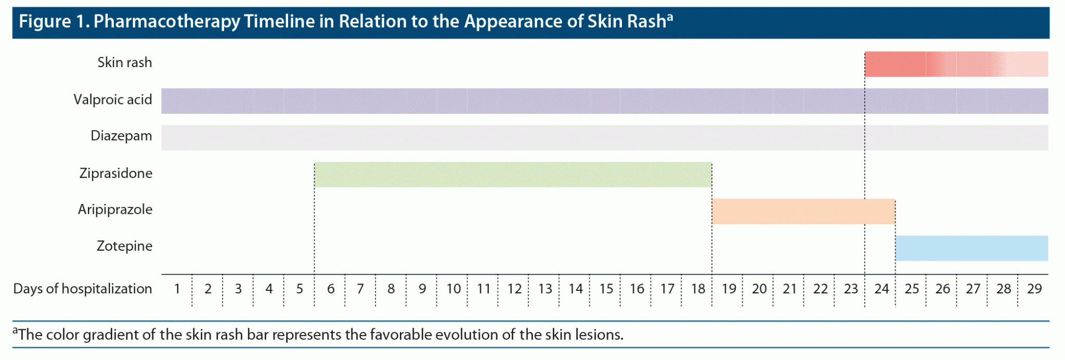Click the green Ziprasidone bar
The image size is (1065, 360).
513,175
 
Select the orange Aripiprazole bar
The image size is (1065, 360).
803,212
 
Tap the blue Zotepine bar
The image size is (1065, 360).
972,248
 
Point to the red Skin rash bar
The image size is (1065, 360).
956,64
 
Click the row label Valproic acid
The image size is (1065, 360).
113,99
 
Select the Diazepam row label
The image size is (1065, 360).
121,136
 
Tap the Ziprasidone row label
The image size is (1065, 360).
116,173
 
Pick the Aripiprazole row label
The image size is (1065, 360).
115,210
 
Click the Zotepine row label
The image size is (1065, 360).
124,246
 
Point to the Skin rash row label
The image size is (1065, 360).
125,62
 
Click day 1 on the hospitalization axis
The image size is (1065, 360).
177,289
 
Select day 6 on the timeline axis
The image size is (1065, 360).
331,289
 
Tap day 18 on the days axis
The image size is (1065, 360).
698,289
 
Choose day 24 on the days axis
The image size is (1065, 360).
881,289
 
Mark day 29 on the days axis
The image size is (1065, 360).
1034,289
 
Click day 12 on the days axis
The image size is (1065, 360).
514,289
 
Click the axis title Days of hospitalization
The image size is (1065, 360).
83,289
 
